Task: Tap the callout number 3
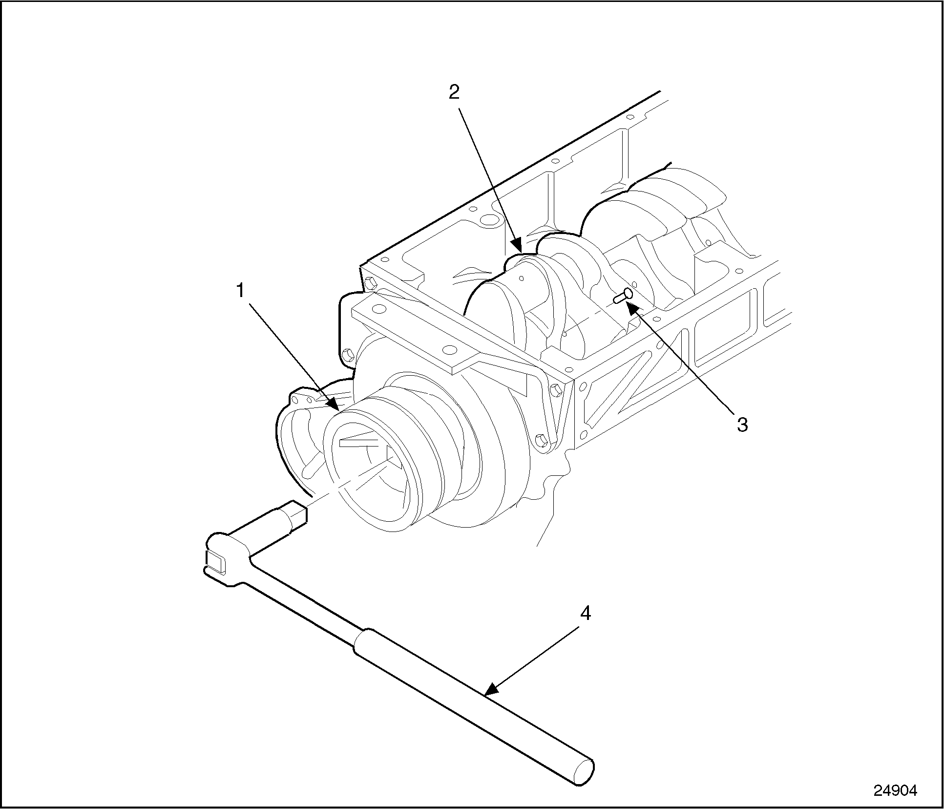[x=742, y=425]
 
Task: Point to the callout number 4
[x=585, y=613]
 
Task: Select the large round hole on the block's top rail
[x=489, y=218]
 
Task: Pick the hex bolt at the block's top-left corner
[x=370, y=282]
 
